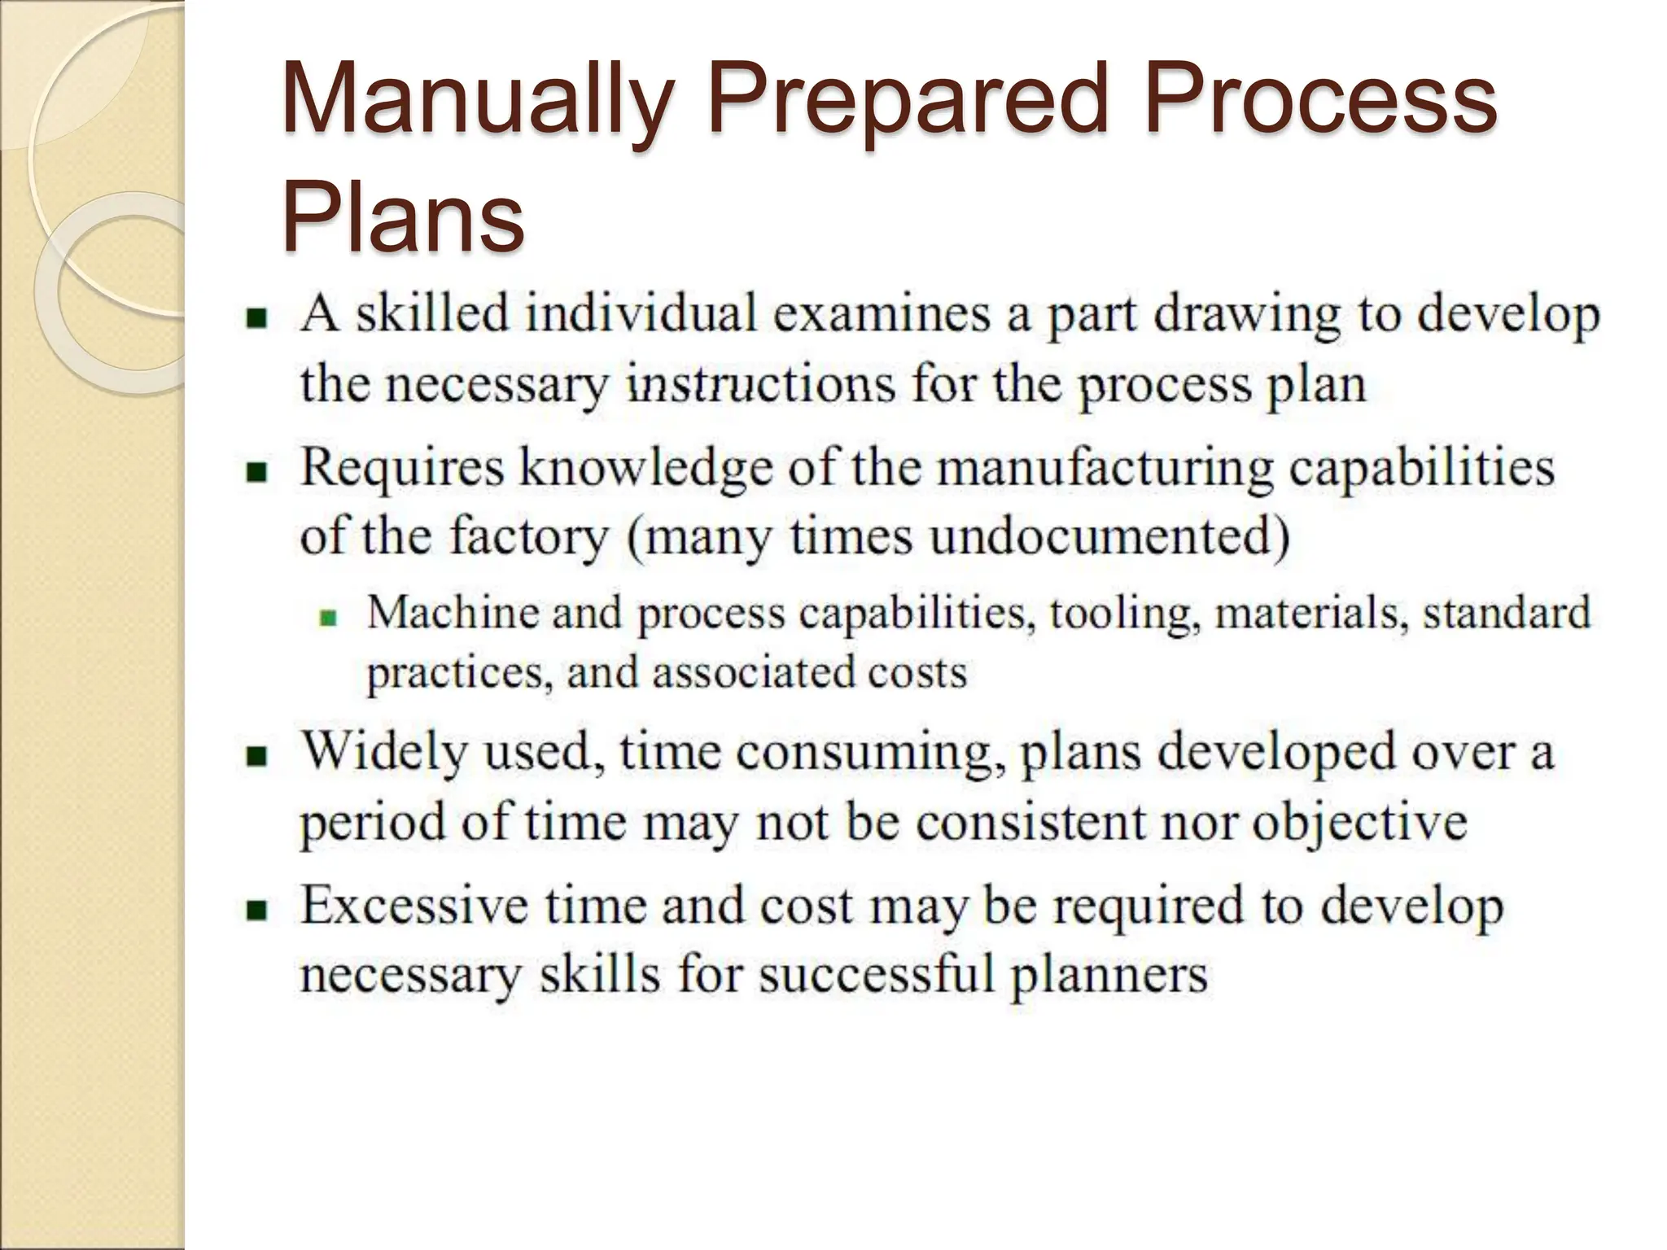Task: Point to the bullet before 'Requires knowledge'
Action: (x=257, y=472)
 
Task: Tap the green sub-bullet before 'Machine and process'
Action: (x=328, y=618)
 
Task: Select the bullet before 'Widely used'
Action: (x=257, y=756)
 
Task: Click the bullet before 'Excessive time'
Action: (x=257, y=909)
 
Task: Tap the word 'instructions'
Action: (x=761, y=383)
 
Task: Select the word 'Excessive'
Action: (x=413, y=906)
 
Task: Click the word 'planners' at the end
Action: (x=1109, y=974)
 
